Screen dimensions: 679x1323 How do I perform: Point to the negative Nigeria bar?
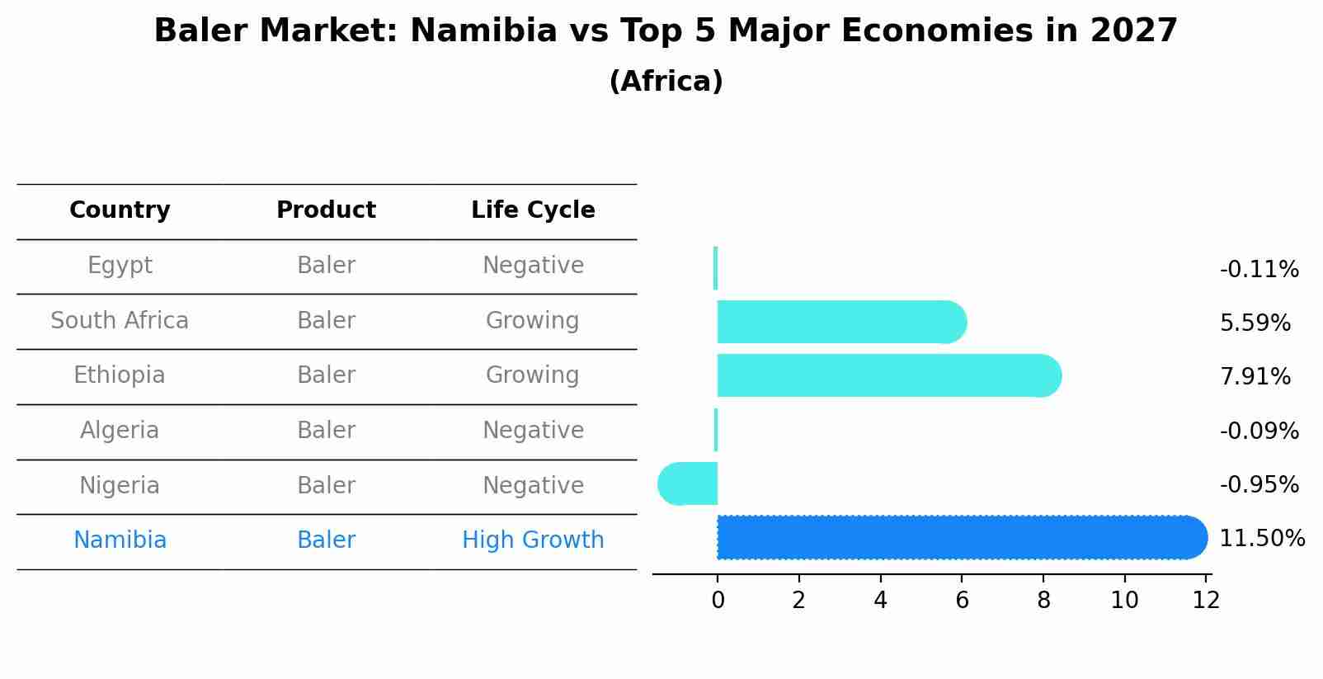pyautogui.click(x=688, y=484)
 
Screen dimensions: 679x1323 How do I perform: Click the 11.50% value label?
pyautogui.click(x=1261, y=539)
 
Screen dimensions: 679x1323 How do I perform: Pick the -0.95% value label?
pyautogui.click(x=1259, y=485)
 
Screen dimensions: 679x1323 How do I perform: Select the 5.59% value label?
pyautogui.click(x=1255, y=323)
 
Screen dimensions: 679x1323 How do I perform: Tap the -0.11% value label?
pyautogui.click(x=1259, y=270)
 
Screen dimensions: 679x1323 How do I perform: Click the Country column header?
pyautogui.click(x=120, y=210)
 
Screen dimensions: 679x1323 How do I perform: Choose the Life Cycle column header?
pyautogui.click(x=533, y=210)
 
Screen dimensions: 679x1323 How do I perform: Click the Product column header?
pyautogui.click(x=326, y=210)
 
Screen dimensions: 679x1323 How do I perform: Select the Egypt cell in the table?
pyautogui.click(x=120, y=266)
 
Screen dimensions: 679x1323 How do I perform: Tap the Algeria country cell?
pyautogui.click(x=120, y=431)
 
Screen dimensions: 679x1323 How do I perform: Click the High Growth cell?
pyautogui.click(x=533, y=540)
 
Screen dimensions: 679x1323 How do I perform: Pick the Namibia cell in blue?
pyautogui.click(x=120, y=540)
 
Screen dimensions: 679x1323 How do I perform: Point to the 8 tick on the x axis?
pyautogui.click(x=1043, y=601)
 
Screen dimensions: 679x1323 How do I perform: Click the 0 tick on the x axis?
pyautogui.click(x=718, y=601)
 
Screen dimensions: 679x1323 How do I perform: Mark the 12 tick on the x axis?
pyautogui.click(x=1206, y=601)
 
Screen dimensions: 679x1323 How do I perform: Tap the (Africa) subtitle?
pyautogui.click(x=666, y=82)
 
